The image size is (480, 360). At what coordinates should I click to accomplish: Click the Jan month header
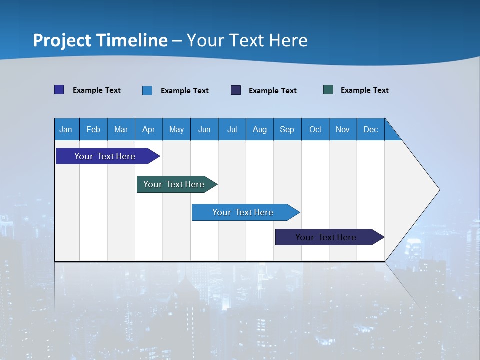[x=66, y=129]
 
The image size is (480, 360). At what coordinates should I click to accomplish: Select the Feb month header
[x=93, y=129]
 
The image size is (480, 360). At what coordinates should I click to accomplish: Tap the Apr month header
[x=149, y=129]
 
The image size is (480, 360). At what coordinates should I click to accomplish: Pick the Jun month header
[x=204, y=129]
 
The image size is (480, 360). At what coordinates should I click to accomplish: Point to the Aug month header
[x=260, y=129]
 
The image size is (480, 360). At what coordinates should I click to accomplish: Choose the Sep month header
[x=287, y=129]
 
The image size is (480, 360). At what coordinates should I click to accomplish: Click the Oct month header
[x=315, y=129]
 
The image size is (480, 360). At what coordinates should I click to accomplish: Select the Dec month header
[x=371, y=129]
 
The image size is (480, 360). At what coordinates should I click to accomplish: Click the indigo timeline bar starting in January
[x=105, y=156]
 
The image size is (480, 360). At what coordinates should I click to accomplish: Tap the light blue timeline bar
[x=243, y=212]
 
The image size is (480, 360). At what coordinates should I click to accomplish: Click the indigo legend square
[x=59, y=90]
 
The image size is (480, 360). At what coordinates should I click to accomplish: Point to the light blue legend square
[x=147, y=90]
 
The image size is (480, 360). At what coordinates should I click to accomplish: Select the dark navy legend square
[x=236, y=90]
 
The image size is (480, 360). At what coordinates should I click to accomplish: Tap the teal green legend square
[x=328, y=90]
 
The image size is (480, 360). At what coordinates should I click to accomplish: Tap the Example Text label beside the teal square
[x=364, y=90]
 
